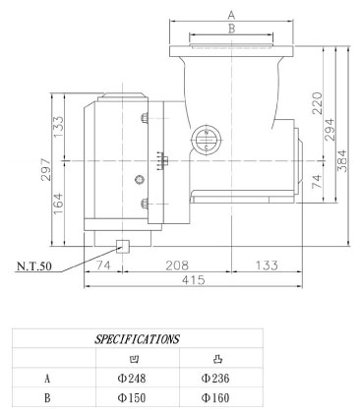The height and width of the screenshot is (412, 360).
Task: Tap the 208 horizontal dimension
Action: point(177,265)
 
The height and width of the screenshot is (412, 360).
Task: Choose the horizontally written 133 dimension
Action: point(266,265)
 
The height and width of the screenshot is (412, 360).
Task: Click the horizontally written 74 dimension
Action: point(101,265)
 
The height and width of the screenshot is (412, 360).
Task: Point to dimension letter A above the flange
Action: point(231,14)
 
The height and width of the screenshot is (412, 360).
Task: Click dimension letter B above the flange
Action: point(231,29)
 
